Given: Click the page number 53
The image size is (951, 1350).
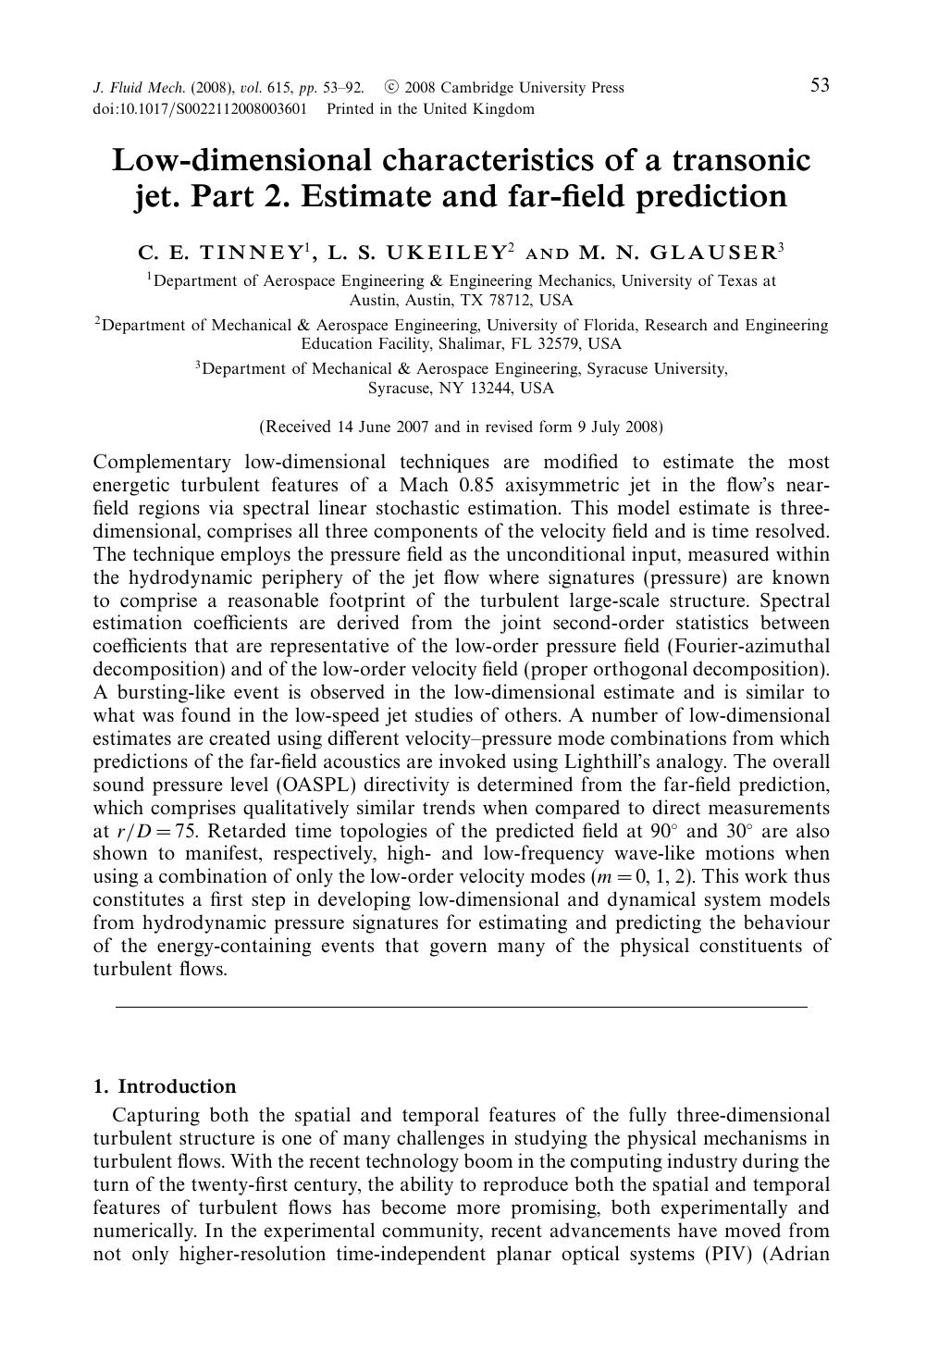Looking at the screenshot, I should [x=820, y=86].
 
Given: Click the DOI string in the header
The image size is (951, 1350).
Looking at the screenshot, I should [x=200, y=109].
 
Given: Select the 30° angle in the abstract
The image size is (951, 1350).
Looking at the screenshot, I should [x=740, y=831].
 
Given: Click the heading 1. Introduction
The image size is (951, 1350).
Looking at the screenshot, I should [x=165, y=1086].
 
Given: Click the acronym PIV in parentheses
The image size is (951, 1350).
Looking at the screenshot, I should [x=731, y=1255].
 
